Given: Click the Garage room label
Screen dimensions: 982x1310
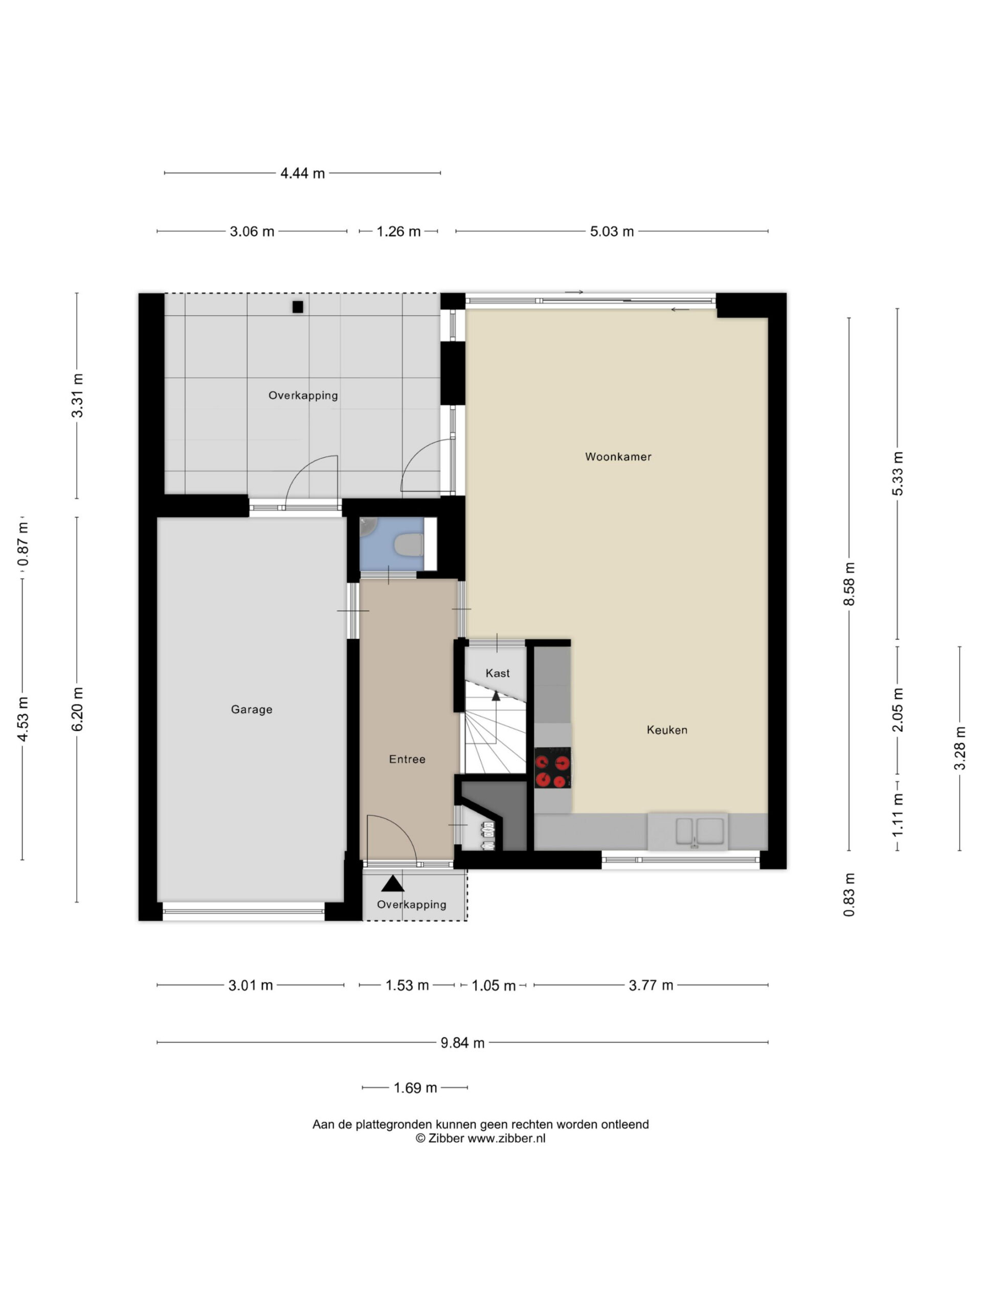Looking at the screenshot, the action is pos(252,709).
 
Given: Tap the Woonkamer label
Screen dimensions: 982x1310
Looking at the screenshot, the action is pos(618,456).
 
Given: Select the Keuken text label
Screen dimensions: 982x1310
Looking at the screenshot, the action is pos(667,730).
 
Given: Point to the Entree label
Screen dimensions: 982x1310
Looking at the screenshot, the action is pos(407,759).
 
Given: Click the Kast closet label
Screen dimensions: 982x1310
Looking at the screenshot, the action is pos(497,673).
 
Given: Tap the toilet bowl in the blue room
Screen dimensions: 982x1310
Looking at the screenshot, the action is pos(409,545).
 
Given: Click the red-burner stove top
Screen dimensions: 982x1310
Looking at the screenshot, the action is pos(553,768).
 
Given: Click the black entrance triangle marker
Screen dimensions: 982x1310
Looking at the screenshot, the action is pos(392,884).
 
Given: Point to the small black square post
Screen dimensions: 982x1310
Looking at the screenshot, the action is pos(298,307).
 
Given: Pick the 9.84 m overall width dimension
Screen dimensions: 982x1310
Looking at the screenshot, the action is pos(462,1043).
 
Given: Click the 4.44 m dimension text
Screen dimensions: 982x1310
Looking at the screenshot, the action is pos(302,173).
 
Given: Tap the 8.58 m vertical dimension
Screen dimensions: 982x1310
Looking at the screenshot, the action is pos(850,584).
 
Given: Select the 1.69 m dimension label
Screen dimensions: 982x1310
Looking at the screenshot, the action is pos(415,1088).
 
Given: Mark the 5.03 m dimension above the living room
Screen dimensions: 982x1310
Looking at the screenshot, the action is pos(612,232).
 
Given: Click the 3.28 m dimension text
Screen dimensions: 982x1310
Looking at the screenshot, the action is pos(959,749).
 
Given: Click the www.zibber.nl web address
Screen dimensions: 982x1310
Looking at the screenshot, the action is pos(506,1138).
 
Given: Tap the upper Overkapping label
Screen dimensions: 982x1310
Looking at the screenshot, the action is pos(303,396).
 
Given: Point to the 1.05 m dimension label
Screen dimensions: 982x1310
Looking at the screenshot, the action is pos(493,986).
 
